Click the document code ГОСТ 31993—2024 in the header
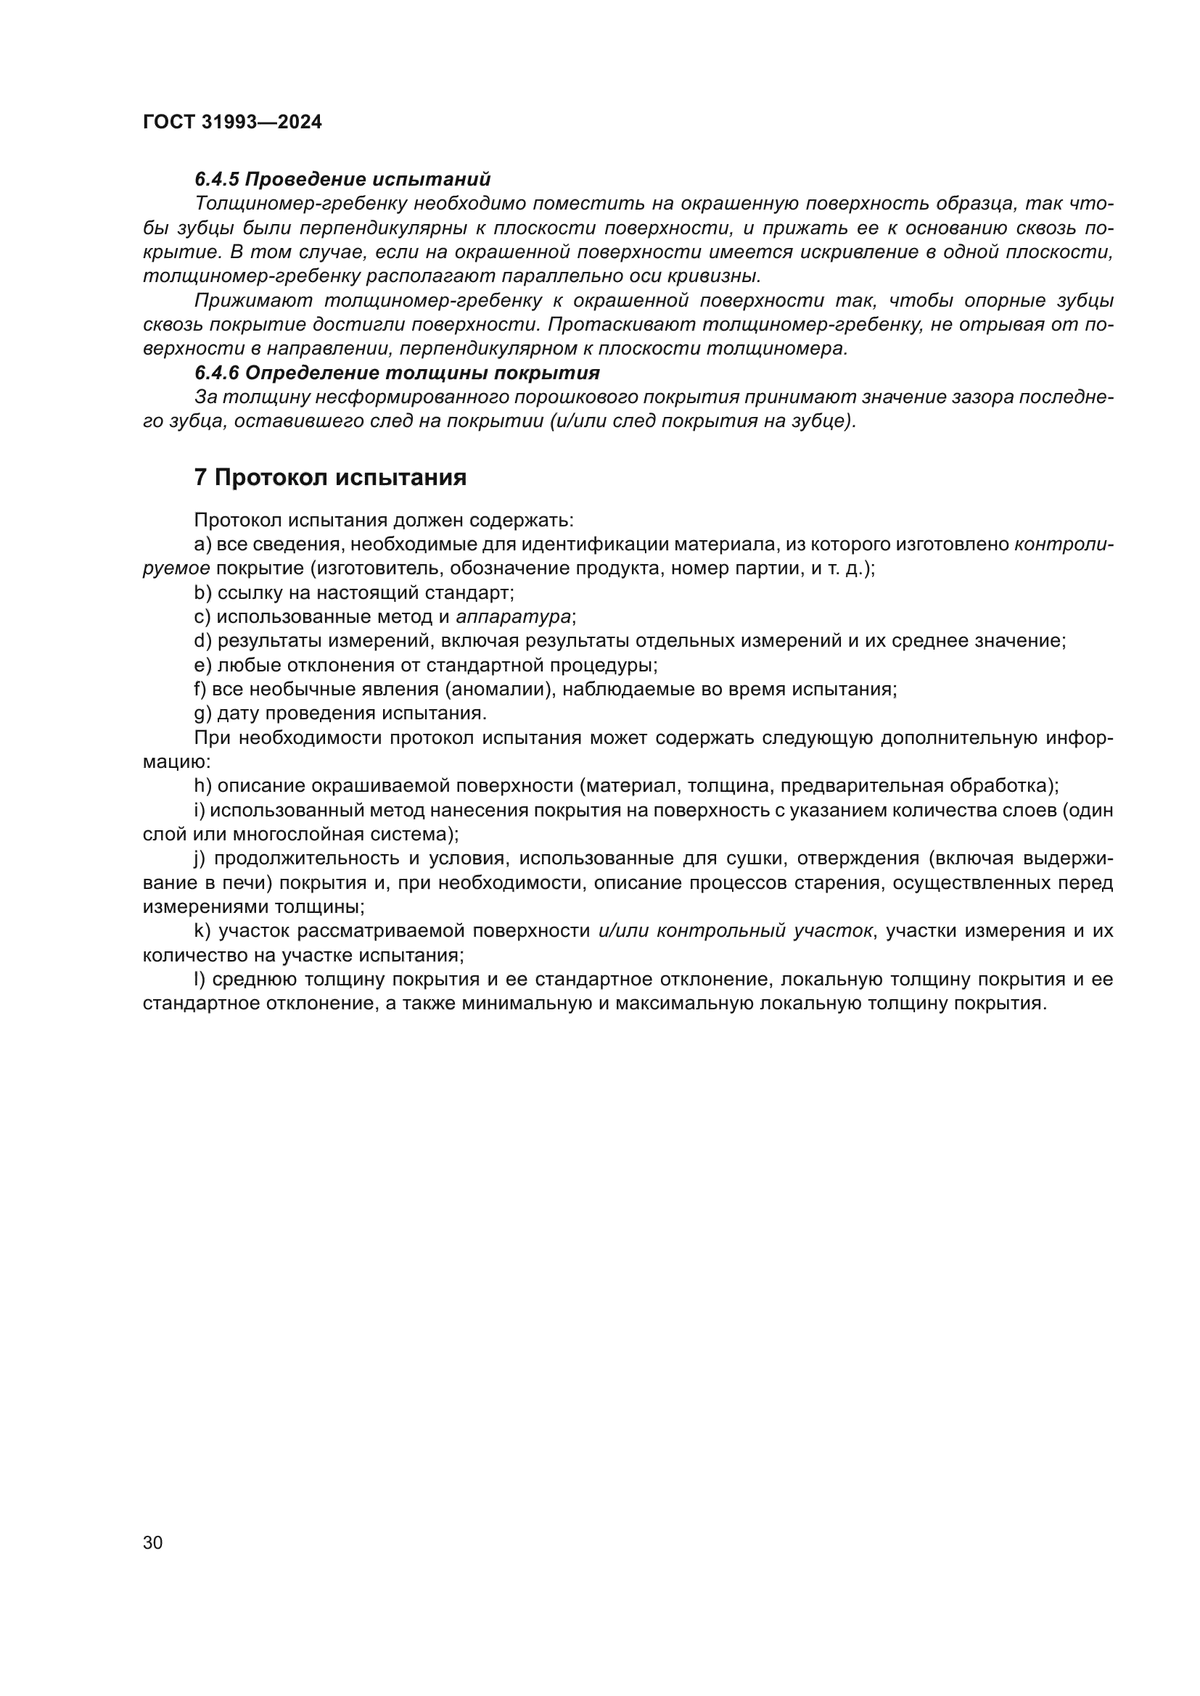[232, 123]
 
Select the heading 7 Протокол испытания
[330, 478]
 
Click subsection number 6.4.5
[216, 180]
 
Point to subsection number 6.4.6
[216, 373]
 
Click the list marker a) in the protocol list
[202, 545]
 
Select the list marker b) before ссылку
[202, 592]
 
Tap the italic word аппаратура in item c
[514, 617]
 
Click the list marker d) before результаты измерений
[202, 641]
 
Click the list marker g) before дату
[202, 713]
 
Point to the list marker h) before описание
[202, 786]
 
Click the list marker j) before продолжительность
[200, 859]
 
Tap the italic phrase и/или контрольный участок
[735, 931]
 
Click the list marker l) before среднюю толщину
[199, 980]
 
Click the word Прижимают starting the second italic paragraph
[253, 301]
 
